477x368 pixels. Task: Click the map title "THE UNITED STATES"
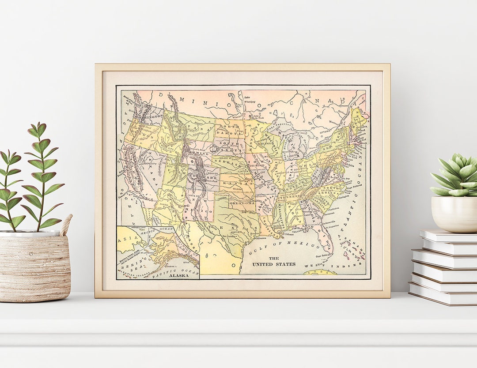[x=274, y=261]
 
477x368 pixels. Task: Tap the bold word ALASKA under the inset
[x=178, y=275]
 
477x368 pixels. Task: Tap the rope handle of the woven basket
[x=66, y=225]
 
